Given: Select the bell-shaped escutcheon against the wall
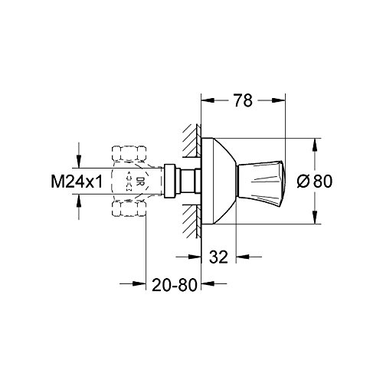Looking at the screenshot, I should (219, 181).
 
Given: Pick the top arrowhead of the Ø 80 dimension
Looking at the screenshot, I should (313, 142).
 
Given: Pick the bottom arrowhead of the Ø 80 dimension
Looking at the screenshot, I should (313, 220).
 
